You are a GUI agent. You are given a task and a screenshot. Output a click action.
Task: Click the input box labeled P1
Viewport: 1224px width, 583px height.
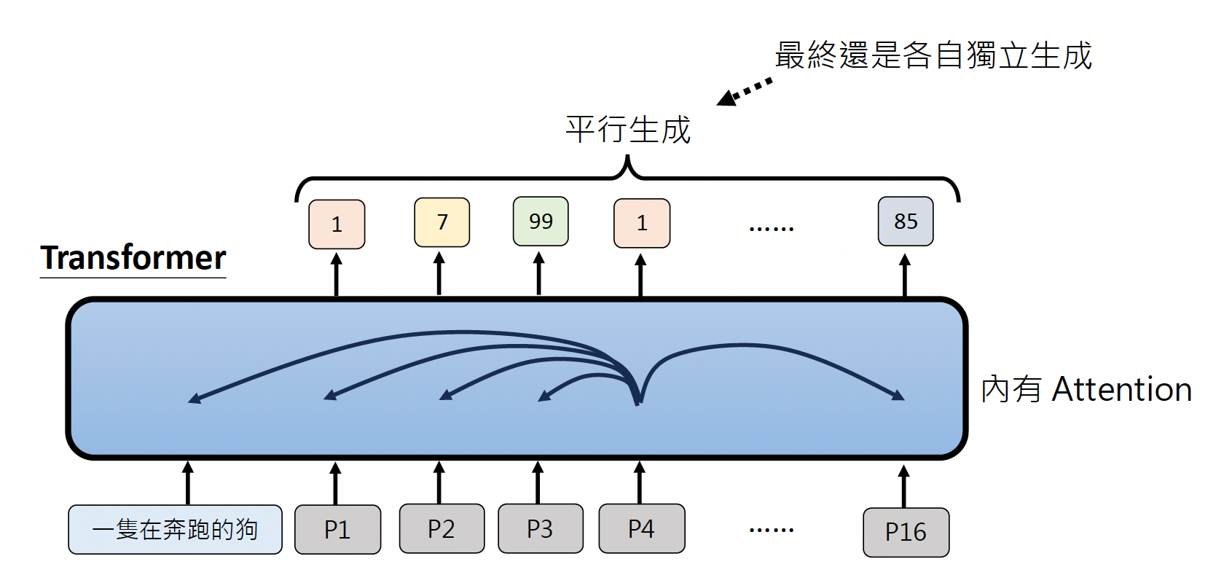(x=337, y=529)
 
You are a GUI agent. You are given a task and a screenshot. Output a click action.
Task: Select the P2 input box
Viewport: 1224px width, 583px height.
(x=442, y=528)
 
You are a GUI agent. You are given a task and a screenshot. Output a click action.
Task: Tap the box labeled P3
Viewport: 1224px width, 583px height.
(x=540, y=528)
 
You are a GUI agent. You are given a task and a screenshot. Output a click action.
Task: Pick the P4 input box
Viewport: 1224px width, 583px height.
(x=641, y=528)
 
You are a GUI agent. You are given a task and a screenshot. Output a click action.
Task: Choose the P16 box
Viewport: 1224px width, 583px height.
(x=906, y=532)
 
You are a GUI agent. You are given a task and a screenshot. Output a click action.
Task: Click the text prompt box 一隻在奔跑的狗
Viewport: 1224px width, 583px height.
(x=175, y=529)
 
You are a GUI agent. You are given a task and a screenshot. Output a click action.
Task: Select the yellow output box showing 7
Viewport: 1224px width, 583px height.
(x=442, y=222)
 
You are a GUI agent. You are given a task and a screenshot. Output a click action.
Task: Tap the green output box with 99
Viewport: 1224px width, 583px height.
(x=541, y=222)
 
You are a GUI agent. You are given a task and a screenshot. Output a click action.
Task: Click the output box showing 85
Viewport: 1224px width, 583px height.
(x=906, y=222)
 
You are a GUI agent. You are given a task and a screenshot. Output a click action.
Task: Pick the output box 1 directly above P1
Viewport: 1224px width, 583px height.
(x=337, y=224)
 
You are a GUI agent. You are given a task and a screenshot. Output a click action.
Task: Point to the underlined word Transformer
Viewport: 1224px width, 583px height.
(x=133, y=258)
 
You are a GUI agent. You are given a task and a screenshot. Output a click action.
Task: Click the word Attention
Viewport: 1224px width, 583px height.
(x=1121, y=389)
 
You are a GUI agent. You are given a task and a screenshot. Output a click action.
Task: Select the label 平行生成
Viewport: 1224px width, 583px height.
(x=628, y=130)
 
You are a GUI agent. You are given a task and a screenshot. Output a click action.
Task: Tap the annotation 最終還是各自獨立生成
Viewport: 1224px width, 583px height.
(x=933, y=56)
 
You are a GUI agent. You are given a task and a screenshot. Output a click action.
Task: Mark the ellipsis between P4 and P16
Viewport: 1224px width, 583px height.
(x=771, y=530)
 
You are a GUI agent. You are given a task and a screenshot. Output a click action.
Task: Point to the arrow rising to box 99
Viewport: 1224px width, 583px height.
(x=539, y=274)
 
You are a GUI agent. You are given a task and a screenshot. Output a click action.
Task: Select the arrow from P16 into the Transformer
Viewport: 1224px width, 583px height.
(x=904, y=486)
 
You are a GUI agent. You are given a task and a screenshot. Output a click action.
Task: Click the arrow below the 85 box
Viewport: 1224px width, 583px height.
(x=905, y=275)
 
